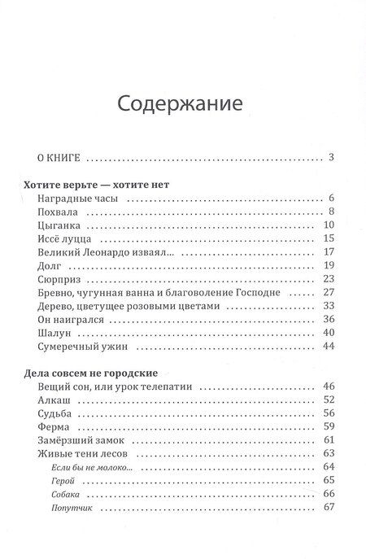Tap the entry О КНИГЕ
pyautogui.click(x=54, y=157)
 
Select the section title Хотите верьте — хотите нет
pyautogui.click(x=102, y=185)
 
